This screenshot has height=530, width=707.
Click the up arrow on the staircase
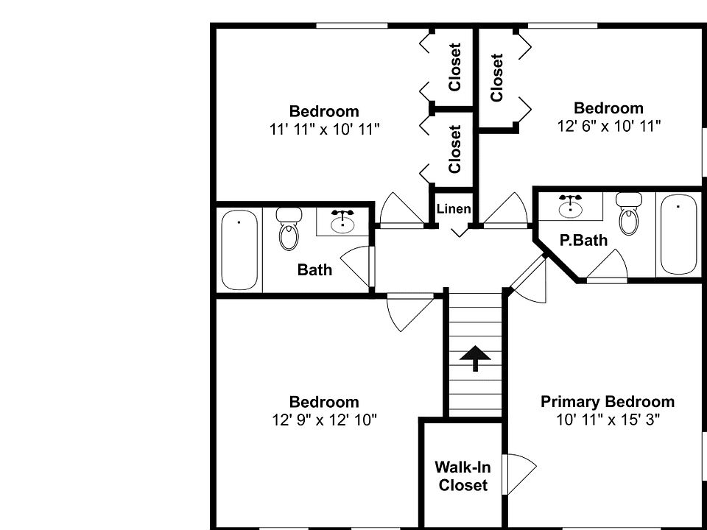(x=475, y=358)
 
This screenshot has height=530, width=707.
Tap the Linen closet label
(x=454, y=209)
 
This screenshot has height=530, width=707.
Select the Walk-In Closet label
(x=462, y=476)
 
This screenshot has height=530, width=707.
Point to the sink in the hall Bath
(x=342, y=222)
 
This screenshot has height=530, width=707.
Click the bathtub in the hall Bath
(x=240, y=250)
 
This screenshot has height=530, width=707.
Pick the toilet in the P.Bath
(x=629, y=213)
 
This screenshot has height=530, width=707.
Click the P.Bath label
(x=583, y=240)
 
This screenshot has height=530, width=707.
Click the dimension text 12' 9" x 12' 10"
(x=324, y=420)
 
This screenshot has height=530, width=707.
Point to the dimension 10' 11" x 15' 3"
(x=608, y=420)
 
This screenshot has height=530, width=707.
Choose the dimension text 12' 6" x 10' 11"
(x=608, y=126)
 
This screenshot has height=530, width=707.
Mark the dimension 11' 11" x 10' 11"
(x=324, y=130)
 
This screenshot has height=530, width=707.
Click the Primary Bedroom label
(x=608, y=402)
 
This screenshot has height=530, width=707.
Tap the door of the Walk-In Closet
(x=520, y=469)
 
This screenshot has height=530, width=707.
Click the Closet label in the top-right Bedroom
(x=497, y=77)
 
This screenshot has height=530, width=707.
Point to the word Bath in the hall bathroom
(x=314, y=270)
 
